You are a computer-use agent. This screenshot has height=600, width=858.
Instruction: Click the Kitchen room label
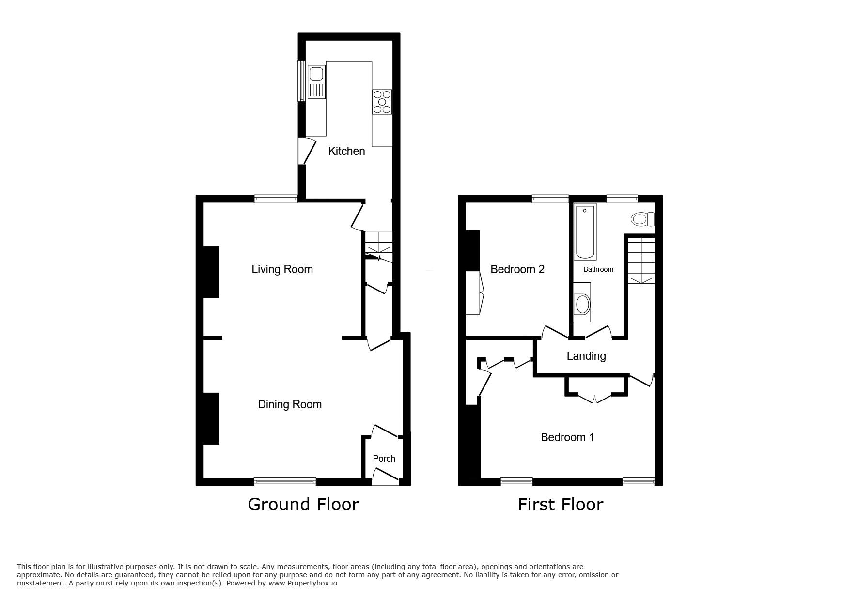pos(346,151)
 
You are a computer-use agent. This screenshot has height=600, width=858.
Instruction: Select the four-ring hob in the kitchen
pos(382,102)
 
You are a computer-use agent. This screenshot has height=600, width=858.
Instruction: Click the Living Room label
pos(282,269)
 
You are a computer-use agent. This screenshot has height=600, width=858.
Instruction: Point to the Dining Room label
pos(290,404)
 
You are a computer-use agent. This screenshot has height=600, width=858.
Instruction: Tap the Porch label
pos(384,458)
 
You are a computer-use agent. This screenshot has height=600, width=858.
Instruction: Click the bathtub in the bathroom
pos(585,231)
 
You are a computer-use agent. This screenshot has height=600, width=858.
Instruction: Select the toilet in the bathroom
pos(643,219)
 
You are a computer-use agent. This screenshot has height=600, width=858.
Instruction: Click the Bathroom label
pos(598,269)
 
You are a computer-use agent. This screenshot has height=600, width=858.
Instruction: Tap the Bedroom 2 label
pos(517,269)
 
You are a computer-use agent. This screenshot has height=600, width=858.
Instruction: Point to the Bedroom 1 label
pos(567,437)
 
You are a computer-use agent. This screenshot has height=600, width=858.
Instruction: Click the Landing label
pos(586,356)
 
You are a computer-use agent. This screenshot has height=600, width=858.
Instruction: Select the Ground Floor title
pos(303,504)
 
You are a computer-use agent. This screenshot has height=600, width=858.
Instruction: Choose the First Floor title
pos(561,504)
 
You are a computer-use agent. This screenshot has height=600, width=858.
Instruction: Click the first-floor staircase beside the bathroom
pos(641,259)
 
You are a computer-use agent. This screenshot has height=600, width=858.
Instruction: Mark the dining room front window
pos(285,481)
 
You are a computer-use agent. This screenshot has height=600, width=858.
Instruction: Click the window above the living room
pos(276,198)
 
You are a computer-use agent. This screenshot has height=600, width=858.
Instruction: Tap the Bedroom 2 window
pos(550,198)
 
